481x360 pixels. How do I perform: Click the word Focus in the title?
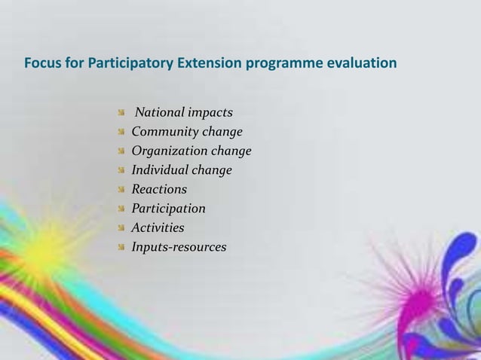(x=41, y=62)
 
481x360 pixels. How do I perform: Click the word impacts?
(x=210, y=113)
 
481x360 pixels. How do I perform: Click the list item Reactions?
(x=159, y=189)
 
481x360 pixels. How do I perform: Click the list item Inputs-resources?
(x=179, y=246)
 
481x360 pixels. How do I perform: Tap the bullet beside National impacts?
(x=121, y=113)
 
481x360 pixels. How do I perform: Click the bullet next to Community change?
(x=121, y=133)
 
